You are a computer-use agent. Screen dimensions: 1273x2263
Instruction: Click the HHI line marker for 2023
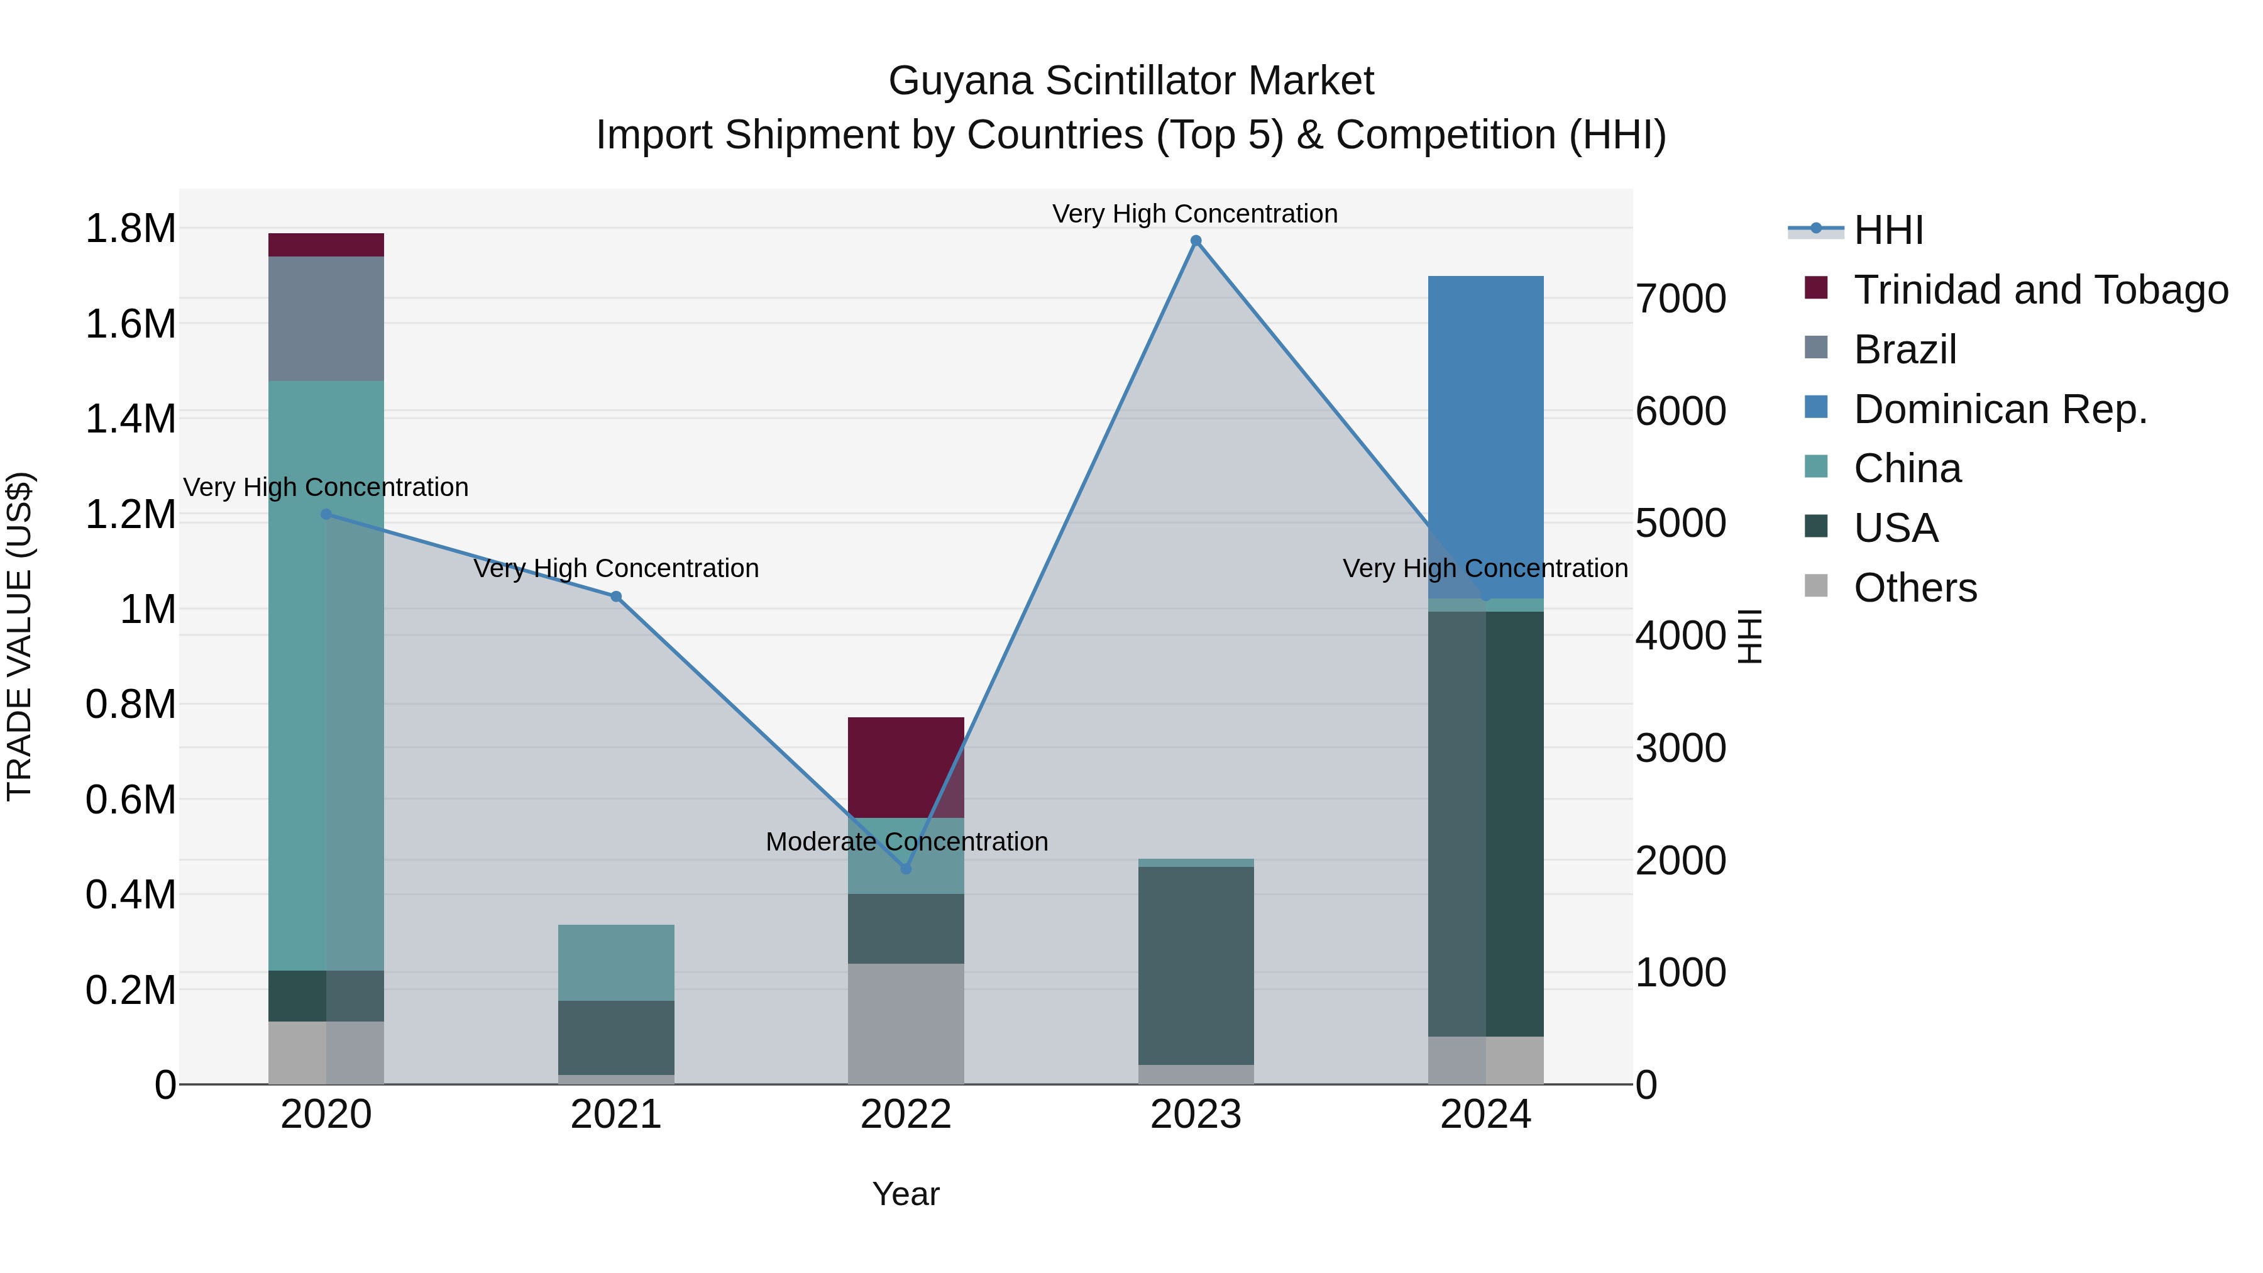(1196, 241)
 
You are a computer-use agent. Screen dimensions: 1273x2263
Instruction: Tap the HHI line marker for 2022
(906, 869)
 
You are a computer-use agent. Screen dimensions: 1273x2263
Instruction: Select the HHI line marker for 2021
(616, 597)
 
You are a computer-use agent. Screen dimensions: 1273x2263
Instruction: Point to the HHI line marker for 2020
(326, 514)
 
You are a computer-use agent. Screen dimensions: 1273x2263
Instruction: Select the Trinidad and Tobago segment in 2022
(906, 767)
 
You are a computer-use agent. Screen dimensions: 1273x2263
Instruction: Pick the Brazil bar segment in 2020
(326, 318)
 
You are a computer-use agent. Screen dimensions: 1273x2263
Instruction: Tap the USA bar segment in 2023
(1196, 966)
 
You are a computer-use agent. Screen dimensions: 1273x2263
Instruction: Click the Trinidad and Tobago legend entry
(2040, 290)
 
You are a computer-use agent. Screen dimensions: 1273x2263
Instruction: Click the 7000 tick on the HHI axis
(1680, 299)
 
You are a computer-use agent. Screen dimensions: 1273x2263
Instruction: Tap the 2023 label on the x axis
(1196, 1115)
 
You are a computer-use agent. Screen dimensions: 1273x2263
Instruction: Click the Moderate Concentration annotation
(906, 842)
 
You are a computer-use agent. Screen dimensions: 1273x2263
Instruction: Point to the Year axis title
(906, 1194)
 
